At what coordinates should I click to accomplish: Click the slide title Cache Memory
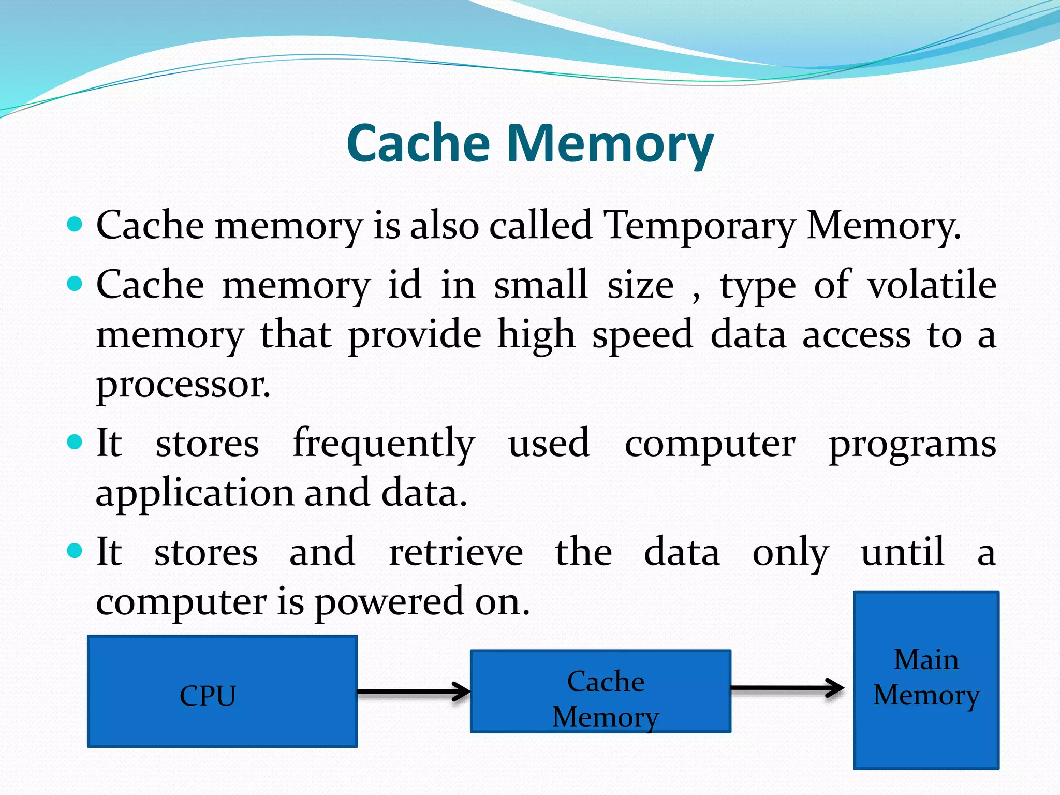(530, 144)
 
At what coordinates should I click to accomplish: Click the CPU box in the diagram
(223, 691)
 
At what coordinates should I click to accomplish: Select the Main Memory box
(926, 680)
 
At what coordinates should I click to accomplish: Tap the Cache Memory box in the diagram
(600, 691)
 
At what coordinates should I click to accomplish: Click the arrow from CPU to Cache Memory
(414, 691)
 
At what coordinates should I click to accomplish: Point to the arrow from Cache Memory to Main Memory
(787, 688)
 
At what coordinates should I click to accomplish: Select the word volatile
(932, 285)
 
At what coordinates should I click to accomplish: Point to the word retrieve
(456, 552)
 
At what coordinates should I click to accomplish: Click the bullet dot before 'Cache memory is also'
(76, 224)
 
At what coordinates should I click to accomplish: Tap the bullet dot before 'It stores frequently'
(76, 442)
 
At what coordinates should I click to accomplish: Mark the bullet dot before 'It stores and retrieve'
(76, 550)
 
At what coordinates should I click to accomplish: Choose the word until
(903, 552)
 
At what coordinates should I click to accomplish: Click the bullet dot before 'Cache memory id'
(76, 283)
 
